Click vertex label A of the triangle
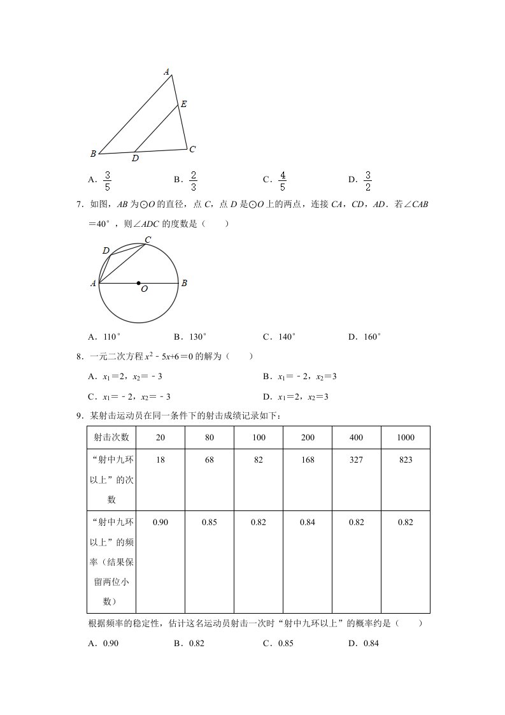[x=167, y=71]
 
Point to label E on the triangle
[x=183, y=104]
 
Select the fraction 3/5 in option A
[x=108, y=181]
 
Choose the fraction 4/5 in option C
[x=283, y=181]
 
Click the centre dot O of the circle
[x=139, y=283]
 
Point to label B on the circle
[x=184, y=284]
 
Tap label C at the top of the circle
[x=148, y=240]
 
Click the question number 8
[x=80, y=357]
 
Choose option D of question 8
[x=305, y=396]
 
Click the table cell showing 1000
[x=405, y=437]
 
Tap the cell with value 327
[x=356, y=459]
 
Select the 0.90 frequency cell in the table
[x=160, y=523]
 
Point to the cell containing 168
[x=308, y=459]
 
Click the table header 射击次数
[x=111, y=437]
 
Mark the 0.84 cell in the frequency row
[x=308, y=523]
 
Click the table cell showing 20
[x=160, y=437]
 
